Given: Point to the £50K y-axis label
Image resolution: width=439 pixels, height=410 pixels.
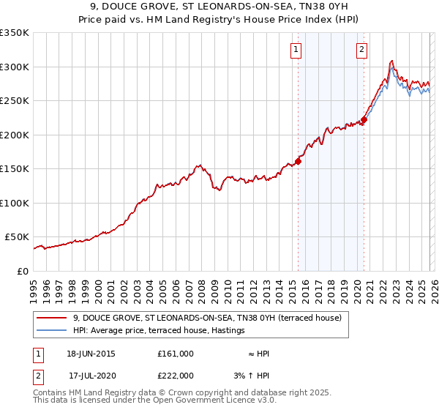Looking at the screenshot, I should click(x=16, y=237).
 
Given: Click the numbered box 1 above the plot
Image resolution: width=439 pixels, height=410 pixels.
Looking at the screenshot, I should click(x=296, y=50).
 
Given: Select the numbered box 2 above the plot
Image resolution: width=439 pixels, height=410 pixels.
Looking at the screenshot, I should click(x=362, y=50).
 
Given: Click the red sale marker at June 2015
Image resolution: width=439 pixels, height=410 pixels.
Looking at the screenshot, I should click(x=298, y=162).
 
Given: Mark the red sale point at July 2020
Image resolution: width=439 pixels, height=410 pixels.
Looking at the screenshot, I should click(x=364, y=121).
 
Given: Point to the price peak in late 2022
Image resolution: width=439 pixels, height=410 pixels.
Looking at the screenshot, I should click(x=393, y=61).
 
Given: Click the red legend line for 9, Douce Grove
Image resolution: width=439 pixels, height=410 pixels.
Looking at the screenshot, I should click(x=53, y=318).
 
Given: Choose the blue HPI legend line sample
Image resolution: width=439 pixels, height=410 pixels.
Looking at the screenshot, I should click(x=53, y=330).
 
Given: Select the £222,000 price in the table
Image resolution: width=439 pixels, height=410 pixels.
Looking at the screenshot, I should click(x=175, y=375).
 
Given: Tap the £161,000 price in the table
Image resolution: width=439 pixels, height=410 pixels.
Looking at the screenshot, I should click(x=175, y=354).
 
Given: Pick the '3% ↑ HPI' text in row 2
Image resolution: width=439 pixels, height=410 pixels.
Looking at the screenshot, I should click(x=252, y=375).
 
